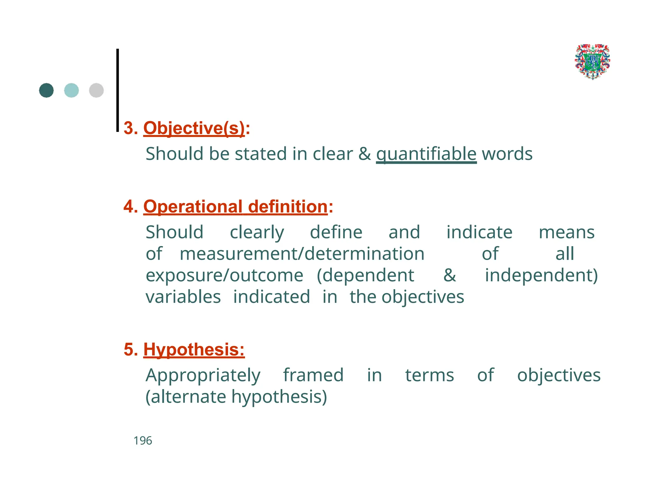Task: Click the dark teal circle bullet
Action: click(46, 91)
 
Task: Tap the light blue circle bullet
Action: click(71, 91)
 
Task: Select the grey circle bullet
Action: click(96, 91)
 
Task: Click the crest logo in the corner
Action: click(592, 62)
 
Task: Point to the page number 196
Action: click(143, 441)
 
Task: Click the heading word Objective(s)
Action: click(194, 128)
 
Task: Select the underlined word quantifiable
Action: click(426, 154)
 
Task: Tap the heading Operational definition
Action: click(235, 207)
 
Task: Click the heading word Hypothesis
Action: click(194, 349)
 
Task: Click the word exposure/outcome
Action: click(224, 275)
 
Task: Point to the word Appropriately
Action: click(203, 375)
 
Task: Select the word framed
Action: click(313, 375)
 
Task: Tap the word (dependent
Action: click(365, 275)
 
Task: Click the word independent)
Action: click(541, 275)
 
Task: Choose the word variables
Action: click(183, 297)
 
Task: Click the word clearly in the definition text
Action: click(257, 232)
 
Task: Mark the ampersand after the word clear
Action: click(365, 154)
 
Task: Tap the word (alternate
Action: click(185, 397)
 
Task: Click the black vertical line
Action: click(118, 90)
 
